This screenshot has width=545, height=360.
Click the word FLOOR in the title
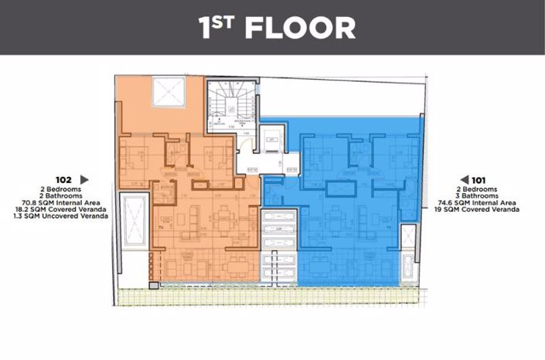point(300,27)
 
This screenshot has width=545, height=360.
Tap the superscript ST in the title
point(225,22)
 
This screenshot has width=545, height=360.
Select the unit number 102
point(67,178)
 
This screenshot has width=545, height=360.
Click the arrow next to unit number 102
point(85,178)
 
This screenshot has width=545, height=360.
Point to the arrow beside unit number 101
point(464,179)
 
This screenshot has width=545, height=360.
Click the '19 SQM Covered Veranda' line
point(475,209)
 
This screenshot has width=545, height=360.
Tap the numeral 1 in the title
point(206,28)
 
